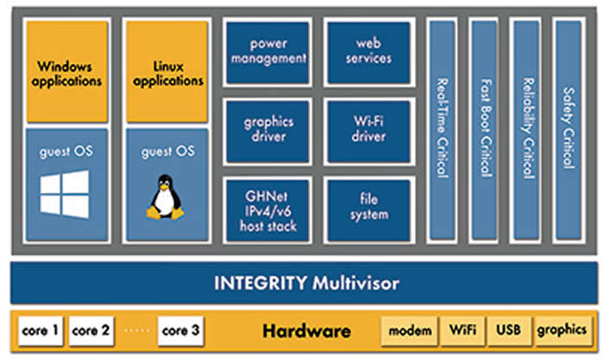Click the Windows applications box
[67, 73]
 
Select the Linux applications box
[167, 73]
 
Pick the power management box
[267, 51]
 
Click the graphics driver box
[267, 130]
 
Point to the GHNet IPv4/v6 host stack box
[267, 210]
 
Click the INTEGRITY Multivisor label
[301, 282]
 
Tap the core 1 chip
[41, 331]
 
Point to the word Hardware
[306, 331]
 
